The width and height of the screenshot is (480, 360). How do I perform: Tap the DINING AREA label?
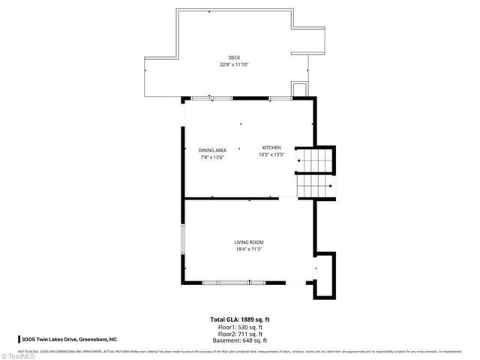(212, 150)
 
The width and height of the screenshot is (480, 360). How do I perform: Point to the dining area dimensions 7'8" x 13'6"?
(212, 157)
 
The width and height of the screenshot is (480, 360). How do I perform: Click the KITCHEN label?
(271, 147)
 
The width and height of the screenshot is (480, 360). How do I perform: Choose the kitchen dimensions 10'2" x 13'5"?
(271, 154)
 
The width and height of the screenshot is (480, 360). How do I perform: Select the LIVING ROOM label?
(248, 241)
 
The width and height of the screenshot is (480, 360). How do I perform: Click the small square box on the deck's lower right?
(298, 90)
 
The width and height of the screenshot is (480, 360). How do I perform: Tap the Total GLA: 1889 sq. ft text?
(239, 320)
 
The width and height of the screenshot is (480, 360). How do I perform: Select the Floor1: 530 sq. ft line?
(239, 327)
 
